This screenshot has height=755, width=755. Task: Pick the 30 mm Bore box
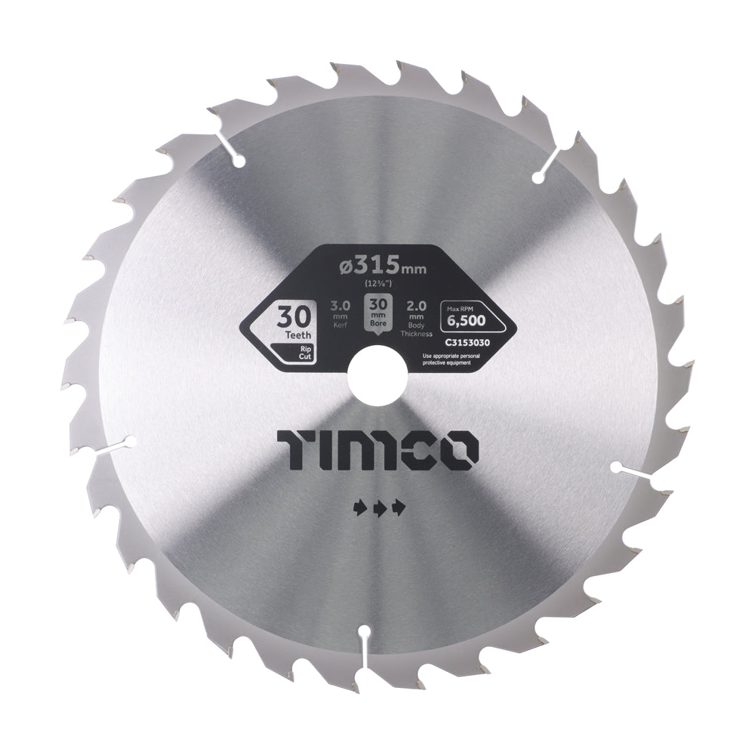point(377,312)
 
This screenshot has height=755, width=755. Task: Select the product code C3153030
point(466,342)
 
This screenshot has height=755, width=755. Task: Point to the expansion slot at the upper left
point(230,149)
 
